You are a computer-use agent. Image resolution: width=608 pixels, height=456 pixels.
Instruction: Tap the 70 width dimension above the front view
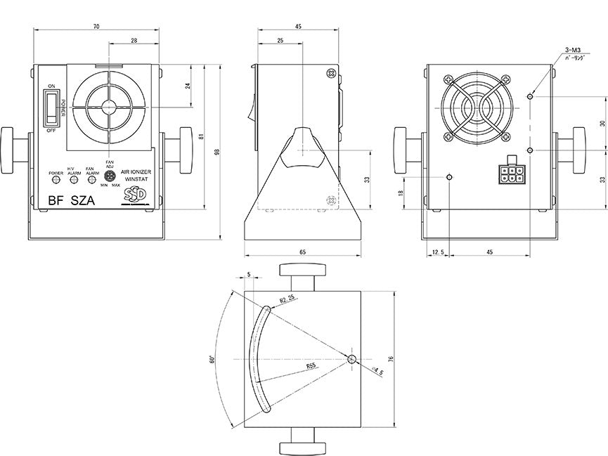(96, 27)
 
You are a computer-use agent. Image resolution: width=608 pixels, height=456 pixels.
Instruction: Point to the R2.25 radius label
(287, 299)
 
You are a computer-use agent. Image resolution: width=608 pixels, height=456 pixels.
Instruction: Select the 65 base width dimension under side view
(302, 252)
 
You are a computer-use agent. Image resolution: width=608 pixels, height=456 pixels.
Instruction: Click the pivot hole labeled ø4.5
(352, 359)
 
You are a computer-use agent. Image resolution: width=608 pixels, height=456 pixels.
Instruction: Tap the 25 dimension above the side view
(281, 41)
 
